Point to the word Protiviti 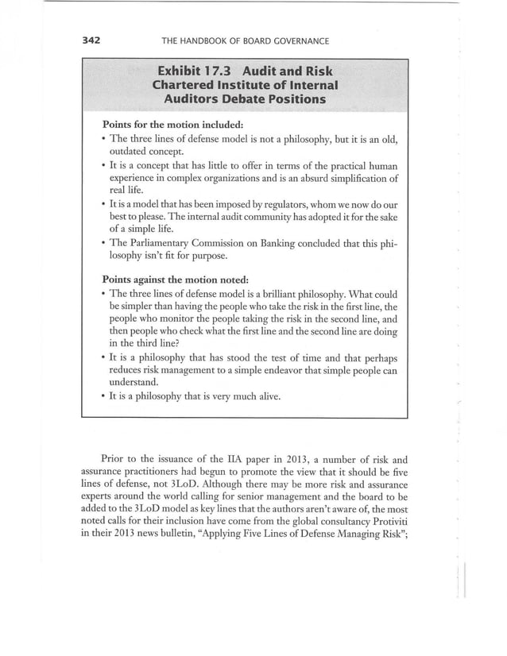[377, 522]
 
